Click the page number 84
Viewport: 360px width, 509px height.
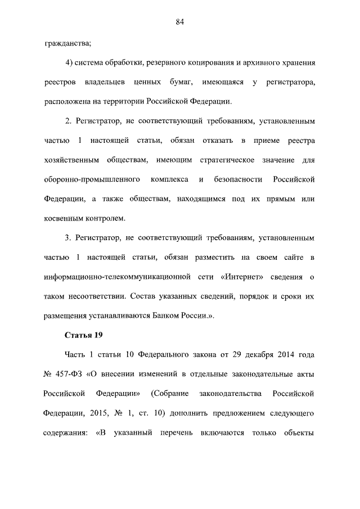coord(180,22)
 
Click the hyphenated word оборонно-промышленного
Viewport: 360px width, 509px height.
coord(92,179)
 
